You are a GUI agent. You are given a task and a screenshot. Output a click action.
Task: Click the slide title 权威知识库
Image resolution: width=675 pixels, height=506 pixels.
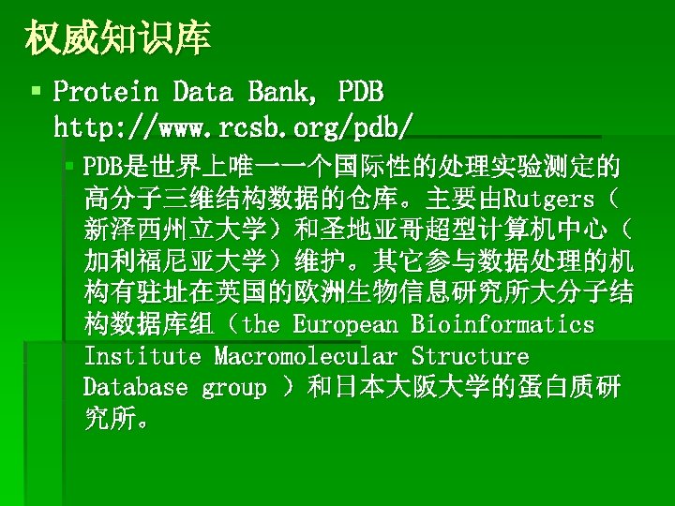point(118,38)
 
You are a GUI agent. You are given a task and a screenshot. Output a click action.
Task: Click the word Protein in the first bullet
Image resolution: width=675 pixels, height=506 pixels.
point(106,92)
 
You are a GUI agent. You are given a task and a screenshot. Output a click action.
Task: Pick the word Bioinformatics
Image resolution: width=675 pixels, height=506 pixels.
point(502,325)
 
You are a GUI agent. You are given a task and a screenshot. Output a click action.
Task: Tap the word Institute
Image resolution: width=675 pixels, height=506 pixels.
point(142,357)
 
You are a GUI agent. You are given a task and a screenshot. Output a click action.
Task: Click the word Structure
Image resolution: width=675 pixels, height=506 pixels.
point(470,357)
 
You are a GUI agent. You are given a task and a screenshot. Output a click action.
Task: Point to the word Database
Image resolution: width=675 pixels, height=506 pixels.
point(135,388)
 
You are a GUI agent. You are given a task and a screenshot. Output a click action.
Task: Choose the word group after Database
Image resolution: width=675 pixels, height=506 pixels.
point(233,388)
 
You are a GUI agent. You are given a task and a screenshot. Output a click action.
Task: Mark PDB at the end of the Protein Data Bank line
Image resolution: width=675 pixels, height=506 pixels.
point(360,92)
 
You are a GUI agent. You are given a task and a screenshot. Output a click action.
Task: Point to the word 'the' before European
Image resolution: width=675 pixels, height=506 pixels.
point(261,325)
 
